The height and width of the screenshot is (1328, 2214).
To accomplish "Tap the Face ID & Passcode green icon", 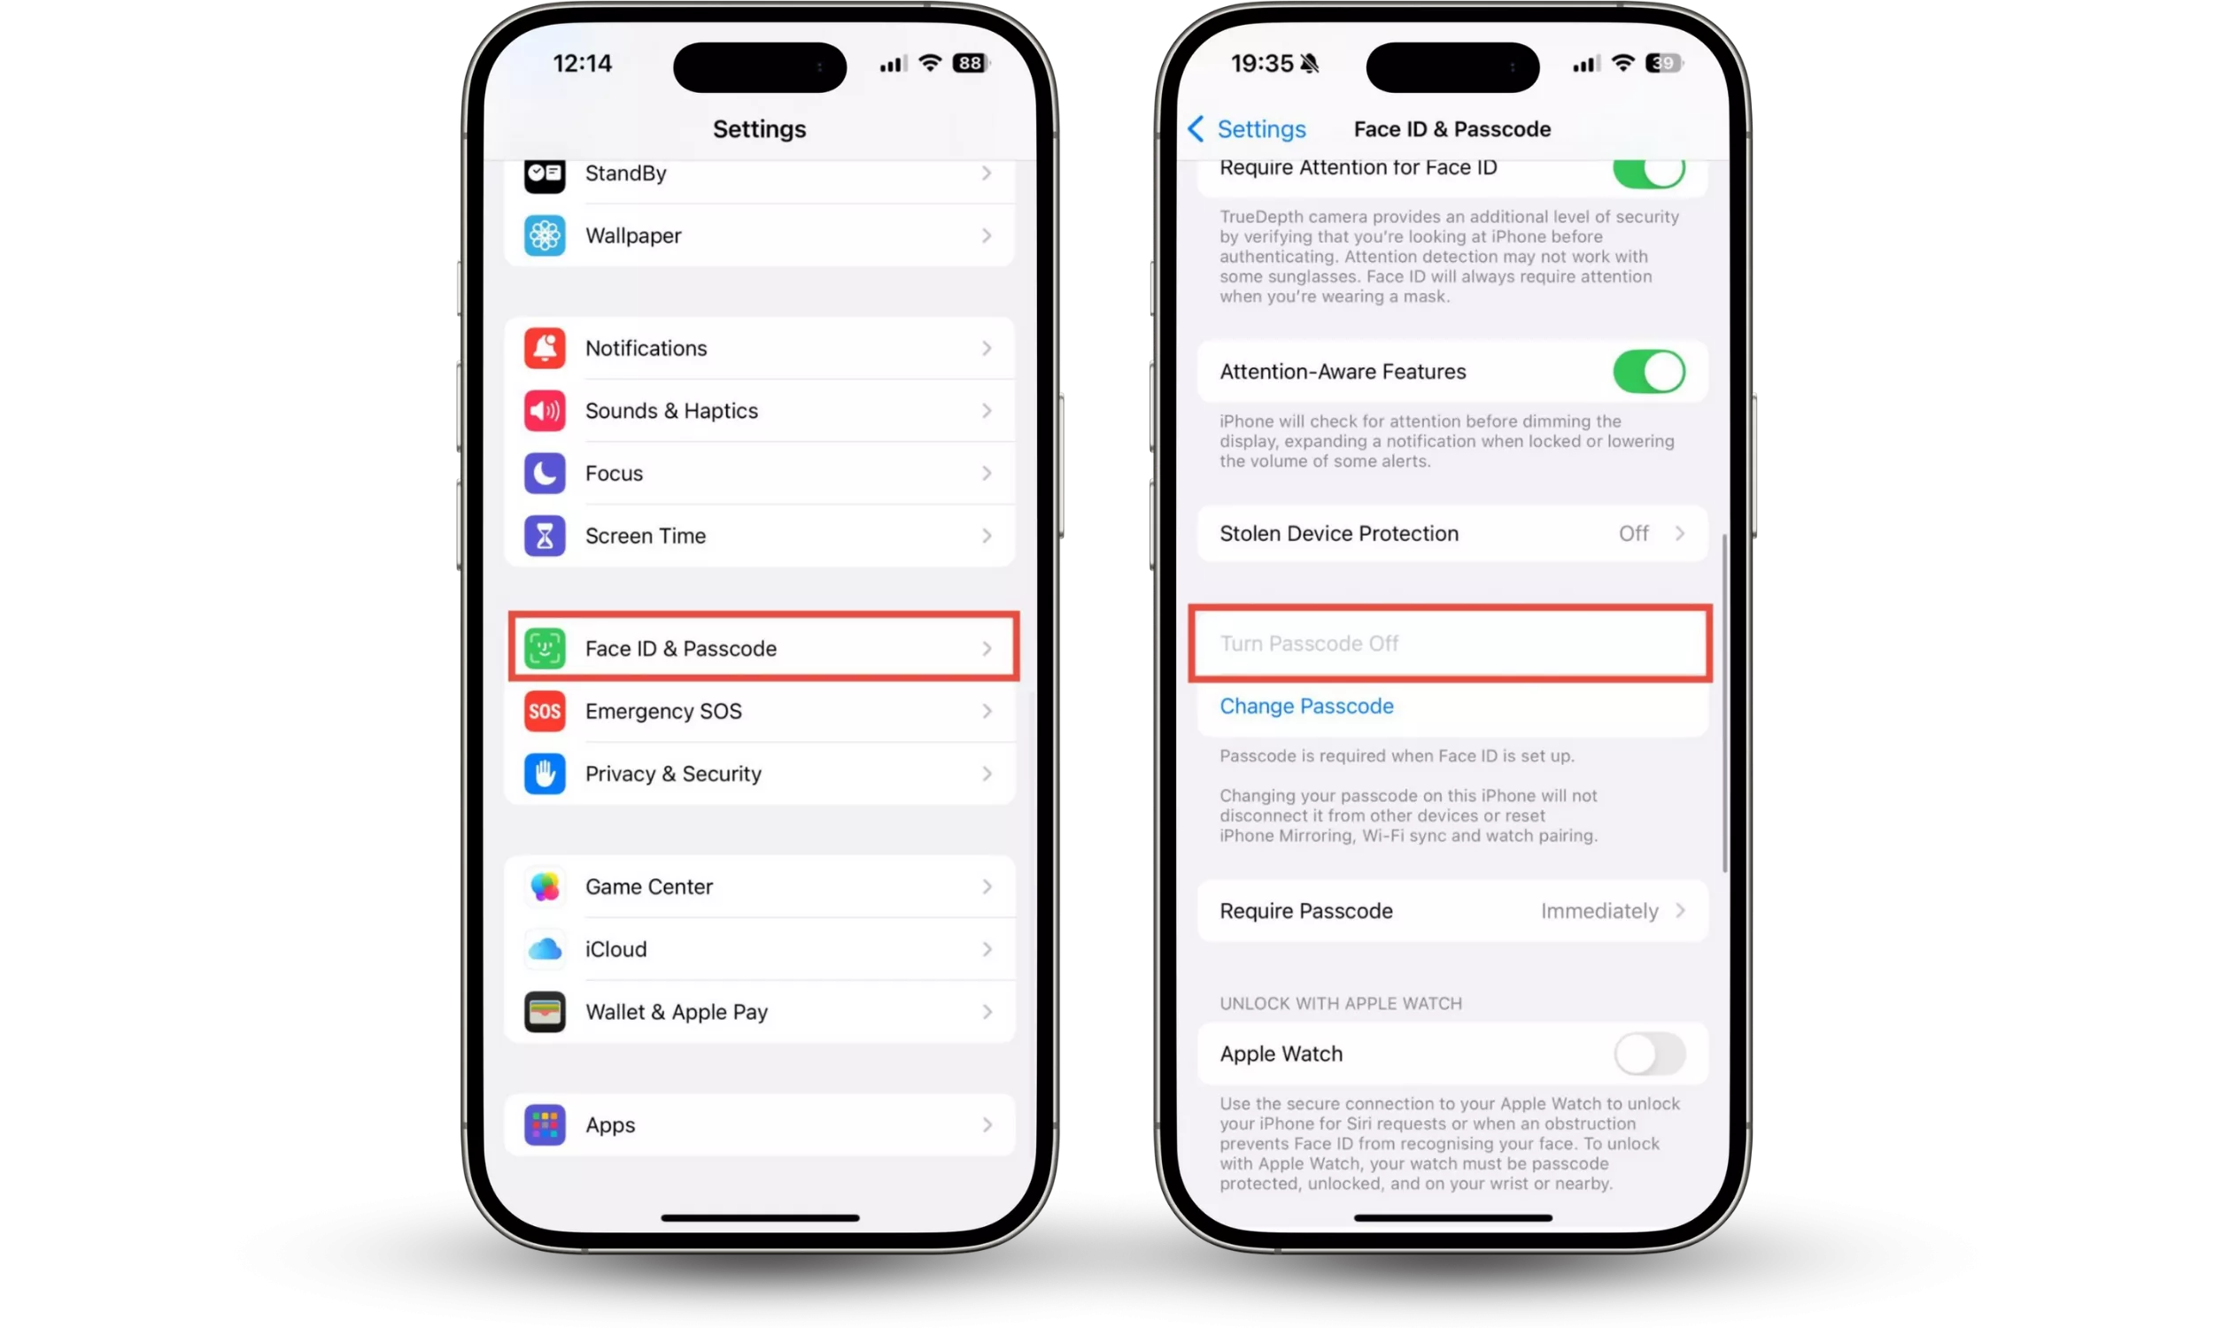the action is (544, 648).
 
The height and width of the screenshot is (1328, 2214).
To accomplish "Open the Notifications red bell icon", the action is (544, 348).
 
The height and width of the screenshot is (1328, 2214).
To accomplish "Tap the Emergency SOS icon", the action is (544, 711).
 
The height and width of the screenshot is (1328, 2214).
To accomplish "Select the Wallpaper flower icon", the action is (544, 235).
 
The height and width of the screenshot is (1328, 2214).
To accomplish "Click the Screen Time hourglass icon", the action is (544, 535).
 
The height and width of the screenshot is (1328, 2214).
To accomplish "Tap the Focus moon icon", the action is (544, 473).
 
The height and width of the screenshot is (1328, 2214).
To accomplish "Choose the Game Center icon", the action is (544, 886).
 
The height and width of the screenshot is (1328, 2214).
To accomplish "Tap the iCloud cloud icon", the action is (544, 948).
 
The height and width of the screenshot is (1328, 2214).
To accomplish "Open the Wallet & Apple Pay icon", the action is (544, 1011).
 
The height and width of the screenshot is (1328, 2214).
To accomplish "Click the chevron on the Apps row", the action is (987, 1125).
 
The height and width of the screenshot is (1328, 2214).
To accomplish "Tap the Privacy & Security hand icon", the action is (544, 773).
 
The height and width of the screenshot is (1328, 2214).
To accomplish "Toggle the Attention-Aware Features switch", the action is (1648, 371).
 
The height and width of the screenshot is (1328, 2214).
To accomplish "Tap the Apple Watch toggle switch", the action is (1648, 1054).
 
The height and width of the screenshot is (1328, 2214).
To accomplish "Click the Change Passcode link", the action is (1305, 706).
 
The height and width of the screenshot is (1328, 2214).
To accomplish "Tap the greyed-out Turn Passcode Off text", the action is (1308, 644).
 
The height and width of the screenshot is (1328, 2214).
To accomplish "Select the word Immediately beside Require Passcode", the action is (1599, 911).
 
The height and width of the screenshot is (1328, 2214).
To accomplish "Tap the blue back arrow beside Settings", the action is (1196, 129).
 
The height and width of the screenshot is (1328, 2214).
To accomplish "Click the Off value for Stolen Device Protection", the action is (1633, 533).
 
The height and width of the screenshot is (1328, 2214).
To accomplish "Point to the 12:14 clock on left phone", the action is (583, 64).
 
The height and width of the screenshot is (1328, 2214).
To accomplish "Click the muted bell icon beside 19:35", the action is (1310, 64).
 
